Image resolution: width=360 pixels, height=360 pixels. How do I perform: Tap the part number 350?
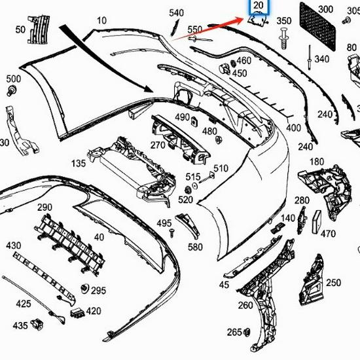pos(283,22)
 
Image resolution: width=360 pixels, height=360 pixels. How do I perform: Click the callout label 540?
pos(177,13)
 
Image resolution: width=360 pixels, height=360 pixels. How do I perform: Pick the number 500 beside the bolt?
pos(13,79)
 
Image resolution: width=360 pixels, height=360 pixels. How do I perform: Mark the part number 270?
pos(158,145)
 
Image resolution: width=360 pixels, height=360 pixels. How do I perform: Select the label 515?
pos(192,177)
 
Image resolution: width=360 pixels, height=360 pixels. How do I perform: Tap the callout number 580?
pos(195,247)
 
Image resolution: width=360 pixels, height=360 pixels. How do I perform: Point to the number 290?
pos(44,207)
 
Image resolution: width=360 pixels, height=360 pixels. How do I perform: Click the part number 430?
pos(13,245)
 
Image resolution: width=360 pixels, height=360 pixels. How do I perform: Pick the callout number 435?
pos(20,325)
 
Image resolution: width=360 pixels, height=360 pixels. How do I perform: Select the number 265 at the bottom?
pos(234,331)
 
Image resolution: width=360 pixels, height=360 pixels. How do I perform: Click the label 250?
pos(333,283)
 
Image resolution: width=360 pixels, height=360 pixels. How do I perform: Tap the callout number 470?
pos(328,234)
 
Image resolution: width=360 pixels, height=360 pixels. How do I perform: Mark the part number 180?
pos(317,162)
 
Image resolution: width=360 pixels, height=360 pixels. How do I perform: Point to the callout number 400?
pos(293,128)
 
